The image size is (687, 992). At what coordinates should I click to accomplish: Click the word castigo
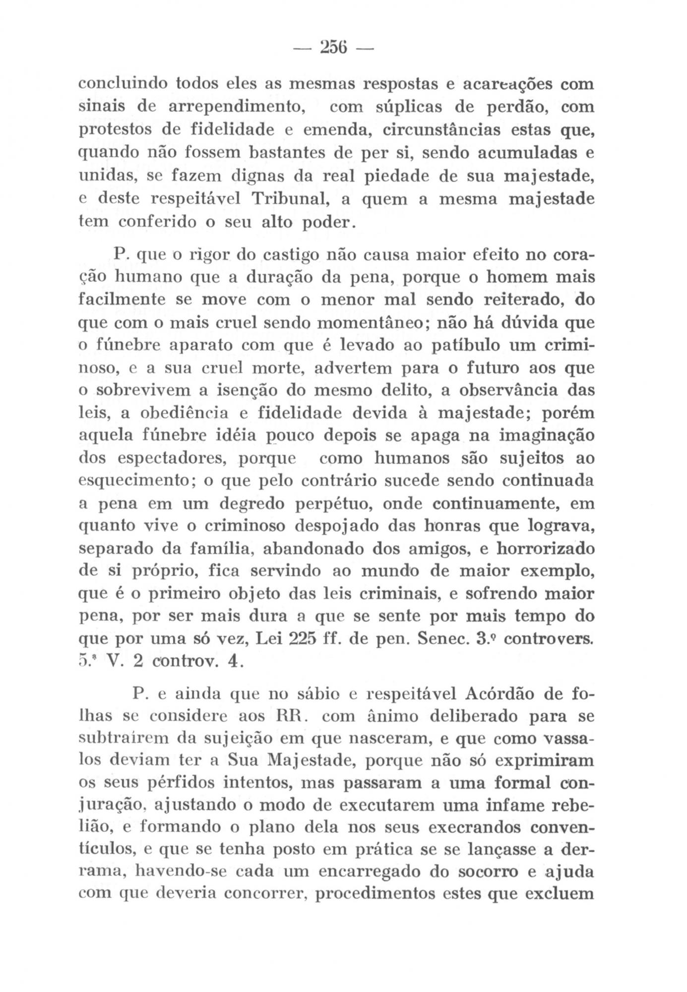pyautogui.click(x=293, y=256)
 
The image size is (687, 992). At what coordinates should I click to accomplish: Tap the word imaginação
pyautogui.click(x=546, y=436)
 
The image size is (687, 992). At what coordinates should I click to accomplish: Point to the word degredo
pyautogui.click(x=254, y=504)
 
